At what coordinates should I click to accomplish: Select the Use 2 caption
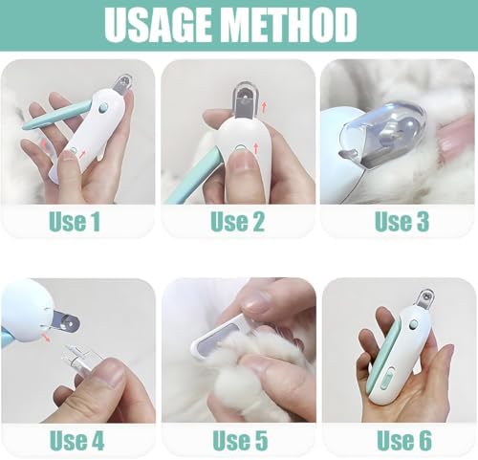237,222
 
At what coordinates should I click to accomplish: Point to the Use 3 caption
402,222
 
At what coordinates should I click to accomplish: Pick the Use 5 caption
237,441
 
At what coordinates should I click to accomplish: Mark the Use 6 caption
402,441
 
